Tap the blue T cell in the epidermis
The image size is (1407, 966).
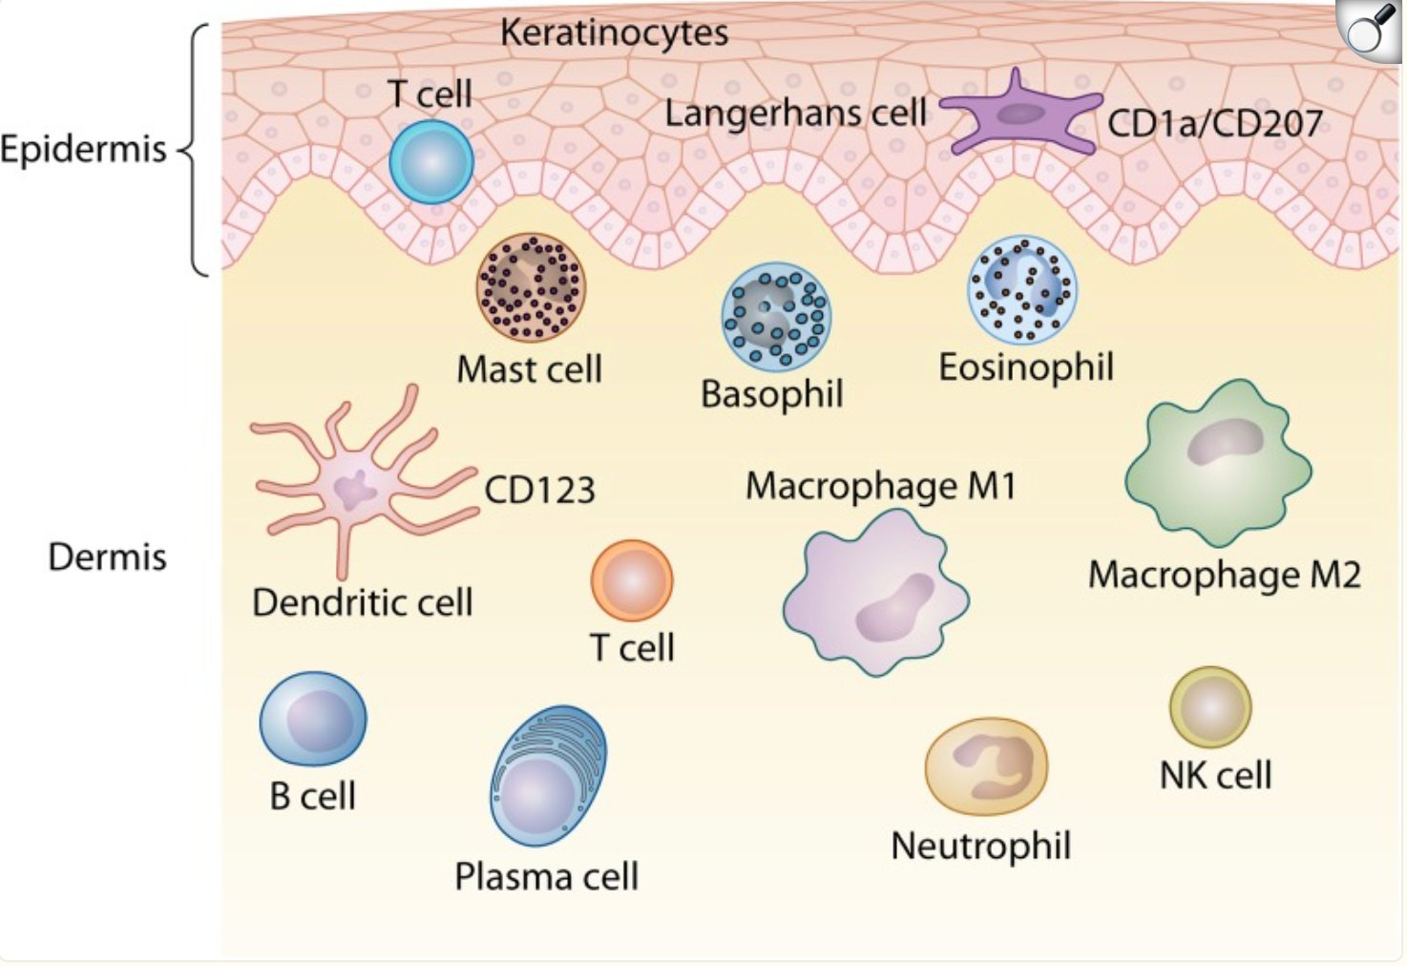click(x=431, y=162)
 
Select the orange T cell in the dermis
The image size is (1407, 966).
click(x=632, y=581)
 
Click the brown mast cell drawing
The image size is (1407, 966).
click(x=532, y=288)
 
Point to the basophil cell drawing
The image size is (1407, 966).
click(x=776, y=317)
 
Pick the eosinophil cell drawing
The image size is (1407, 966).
click(x=1022, y=290)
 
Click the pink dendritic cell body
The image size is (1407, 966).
click(x=355, y=487)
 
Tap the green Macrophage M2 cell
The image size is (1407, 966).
click(x=1218, y=463)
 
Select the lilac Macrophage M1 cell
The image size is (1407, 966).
click(x=876, y=594)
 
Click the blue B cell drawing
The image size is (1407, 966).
click(x=313, y=719)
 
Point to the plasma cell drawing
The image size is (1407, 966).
click(x=549, y=776)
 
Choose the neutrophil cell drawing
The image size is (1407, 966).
click(x=986, y=766)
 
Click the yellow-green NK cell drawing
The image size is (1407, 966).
click(x=1210, y=707)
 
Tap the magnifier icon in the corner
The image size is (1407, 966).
click(x=1371, y=31)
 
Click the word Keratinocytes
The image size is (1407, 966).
click(x=615, y=32)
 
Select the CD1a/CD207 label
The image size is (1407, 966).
click(x=1215, y=123)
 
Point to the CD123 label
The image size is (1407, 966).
click(x=539, y=490)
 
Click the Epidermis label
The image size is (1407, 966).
click(x=84, y=150)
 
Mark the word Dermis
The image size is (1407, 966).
click(x=108, y=557)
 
